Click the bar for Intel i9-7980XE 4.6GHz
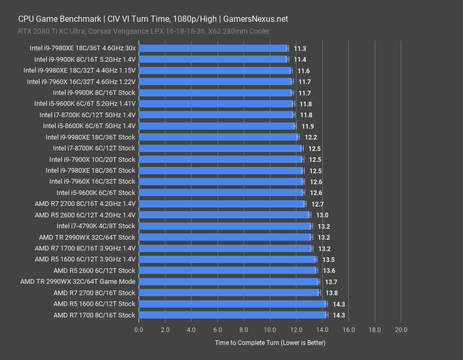click(x=213, y=48)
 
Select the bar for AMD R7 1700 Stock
click(x=233, y=315)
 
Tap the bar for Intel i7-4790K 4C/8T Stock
click(x=225, y=226)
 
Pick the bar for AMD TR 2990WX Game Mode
click(x=228, y=282)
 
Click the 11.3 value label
click(x=299, y=48)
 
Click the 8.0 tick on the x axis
click(x=244, y=329)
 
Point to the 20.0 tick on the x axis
click(x=401, y=329)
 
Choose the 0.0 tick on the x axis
click(x=139, y=329)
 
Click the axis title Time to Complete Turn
click(x=270, y=343)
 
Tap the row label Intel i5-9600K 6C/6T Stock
click(x=103, y=193)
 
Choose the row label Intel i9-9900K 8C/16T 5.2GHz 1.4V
click(x=85, y=59)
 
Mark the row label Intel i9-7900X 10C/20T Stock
click(x=92, y=159)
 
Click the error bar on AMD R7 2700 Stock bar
click(x=320, y=293)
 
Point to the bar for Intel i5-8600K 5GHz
click(x=217, y=126)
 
